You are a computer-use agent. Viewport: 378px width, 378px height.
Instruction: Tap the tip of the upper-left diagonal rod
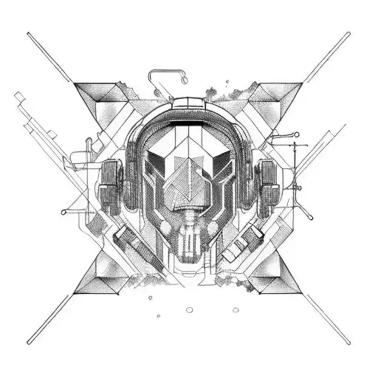[x=29, y=34]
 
